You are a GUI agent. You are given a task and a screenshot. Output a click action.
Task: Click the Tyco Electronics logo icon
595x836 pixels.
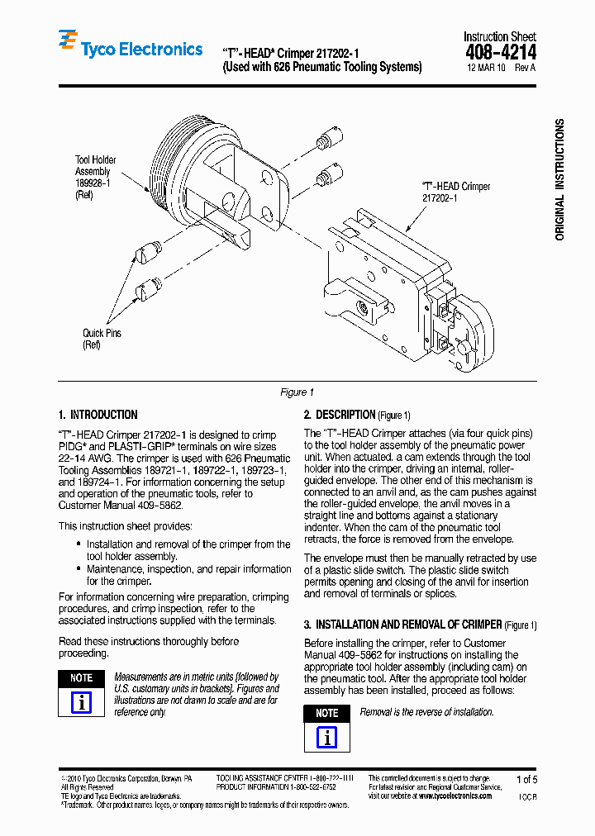coord(68,43)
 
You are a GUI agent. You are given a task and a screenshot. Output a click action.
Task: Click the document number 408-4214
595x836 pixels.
coord(500,52)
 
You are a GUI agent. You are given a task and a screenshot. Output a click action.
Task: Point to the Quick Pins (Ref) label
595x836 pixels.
coord(101,339)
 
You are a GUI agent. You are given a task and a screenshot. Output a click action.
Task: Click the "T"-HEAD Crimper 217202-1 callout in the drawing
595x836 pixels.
coord(455,192)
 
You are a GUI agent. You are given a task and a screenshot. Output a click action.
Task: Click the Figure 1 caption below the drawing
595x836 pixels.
coord(297,392)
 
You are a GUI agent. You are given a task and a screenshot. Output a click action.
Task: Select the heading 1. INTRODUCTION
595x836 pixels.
coord(98,415)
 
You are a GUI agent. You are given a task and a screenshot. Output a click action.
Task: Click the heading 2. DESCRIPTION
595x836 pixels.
coord(340,415)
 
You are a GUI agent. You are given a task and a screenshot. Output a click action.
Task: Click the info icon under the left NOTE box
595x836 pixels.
coord(81,702)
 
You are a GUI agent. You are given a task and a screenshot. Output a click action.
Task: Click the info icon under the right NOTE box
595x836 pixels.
coord(326,737)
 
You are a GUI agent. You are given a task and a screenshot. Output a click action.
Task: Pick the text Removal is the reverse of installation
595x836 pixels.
coord(426,712)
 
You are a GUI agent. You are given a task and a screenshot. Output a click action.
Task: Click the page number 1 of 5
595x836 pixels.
coord(526,779)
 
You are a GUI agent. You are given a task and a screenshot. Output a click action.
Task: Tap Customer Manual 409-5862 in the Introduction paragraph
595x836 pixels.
coord(121,505)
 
